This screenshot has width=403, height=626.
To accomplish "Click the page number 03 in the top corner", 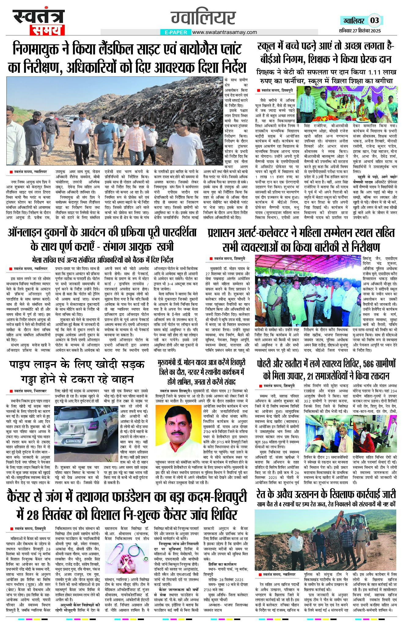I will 375,20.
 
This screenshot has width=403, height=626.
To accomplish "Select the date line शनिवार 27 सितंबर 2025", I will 360,31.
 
